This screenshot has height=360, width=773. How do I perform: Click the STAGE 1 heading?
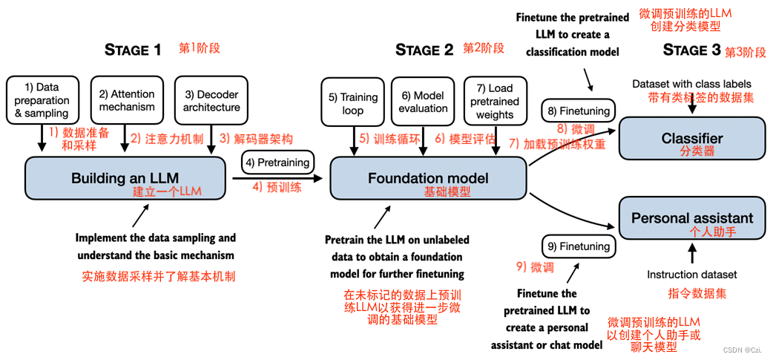click(x=133, y=50)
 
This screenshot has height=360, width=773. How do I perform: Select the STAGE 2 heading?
click(x=424, y=50)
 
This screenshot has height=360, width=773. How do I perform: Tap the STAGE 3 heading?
click(x=691, y=50)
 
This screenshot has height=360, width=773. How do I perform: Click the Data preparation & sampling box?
click(x=42, y=100)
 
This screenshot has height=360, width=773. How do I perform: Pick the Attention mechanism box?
click(x=127, y=100)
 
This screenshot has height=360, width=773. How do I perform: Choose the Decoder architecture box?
click(x=211, y=100)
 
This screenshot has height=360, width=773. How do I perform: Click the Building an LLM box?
click(x=125, y=179)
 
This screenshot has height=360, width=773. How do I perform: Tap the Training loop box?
click(x=353, y=103)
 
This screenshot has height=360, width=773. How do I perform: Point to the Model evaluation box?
click(x=422, y=101)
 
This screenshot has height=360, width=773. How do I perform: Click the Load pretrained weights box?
click(x=494, y=101)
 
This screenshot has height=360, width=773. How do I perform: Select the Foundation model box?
click(x=428, y=179)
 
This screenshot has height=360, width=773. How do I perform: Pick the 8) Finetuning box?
click(x=579, y=111)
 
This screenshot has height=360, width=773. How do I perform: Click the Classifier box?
click(x=691, y=139)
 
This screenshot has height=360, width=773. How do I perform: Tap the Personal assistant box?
click(x=691, y=218)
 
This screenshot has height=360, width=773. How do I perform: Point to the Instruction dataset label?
click(x=691, y=275)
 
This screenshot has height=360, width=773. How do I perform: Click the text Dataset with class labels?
click(x=691, y=84)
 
